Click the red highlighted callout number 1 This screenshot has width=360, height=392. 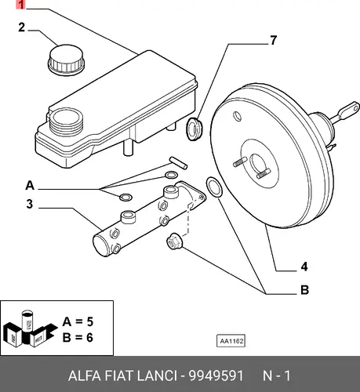(21, 5)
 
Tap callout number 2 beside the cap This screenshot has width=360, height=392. (22, 27)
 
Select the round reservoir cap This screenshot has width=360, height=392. (67, 60)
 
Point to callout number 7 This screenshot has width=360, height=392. (273, 41)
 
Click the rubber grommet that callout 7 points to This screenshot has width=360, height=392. (195, 129)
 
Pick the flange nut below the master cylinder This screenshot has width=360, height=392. (174, 241)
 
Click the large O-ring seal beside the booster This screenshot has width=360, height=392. (214, 187)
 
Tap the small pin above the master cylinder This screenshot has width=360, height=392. (178, 163)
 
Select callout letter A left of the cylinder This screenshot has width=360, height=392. (30, 185)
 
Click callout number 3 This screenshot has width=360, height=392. (30, 204)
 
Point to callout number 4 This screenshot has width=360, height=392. (304, 267)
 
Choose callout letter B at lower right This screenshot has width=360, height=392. (304, 290)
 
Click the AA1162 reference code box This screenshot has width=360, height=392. (231, 341)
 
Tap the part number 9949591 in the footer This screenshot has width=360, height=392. (216, 376)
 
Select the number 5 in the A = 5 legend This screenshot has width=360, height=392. (90, 321)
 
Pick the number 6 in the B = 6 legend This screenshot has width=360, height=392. (89, 337)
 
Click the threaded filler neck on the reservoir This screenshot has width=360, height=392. (67, 122)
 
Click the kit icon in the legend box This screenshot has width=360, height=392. (30, 328)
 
